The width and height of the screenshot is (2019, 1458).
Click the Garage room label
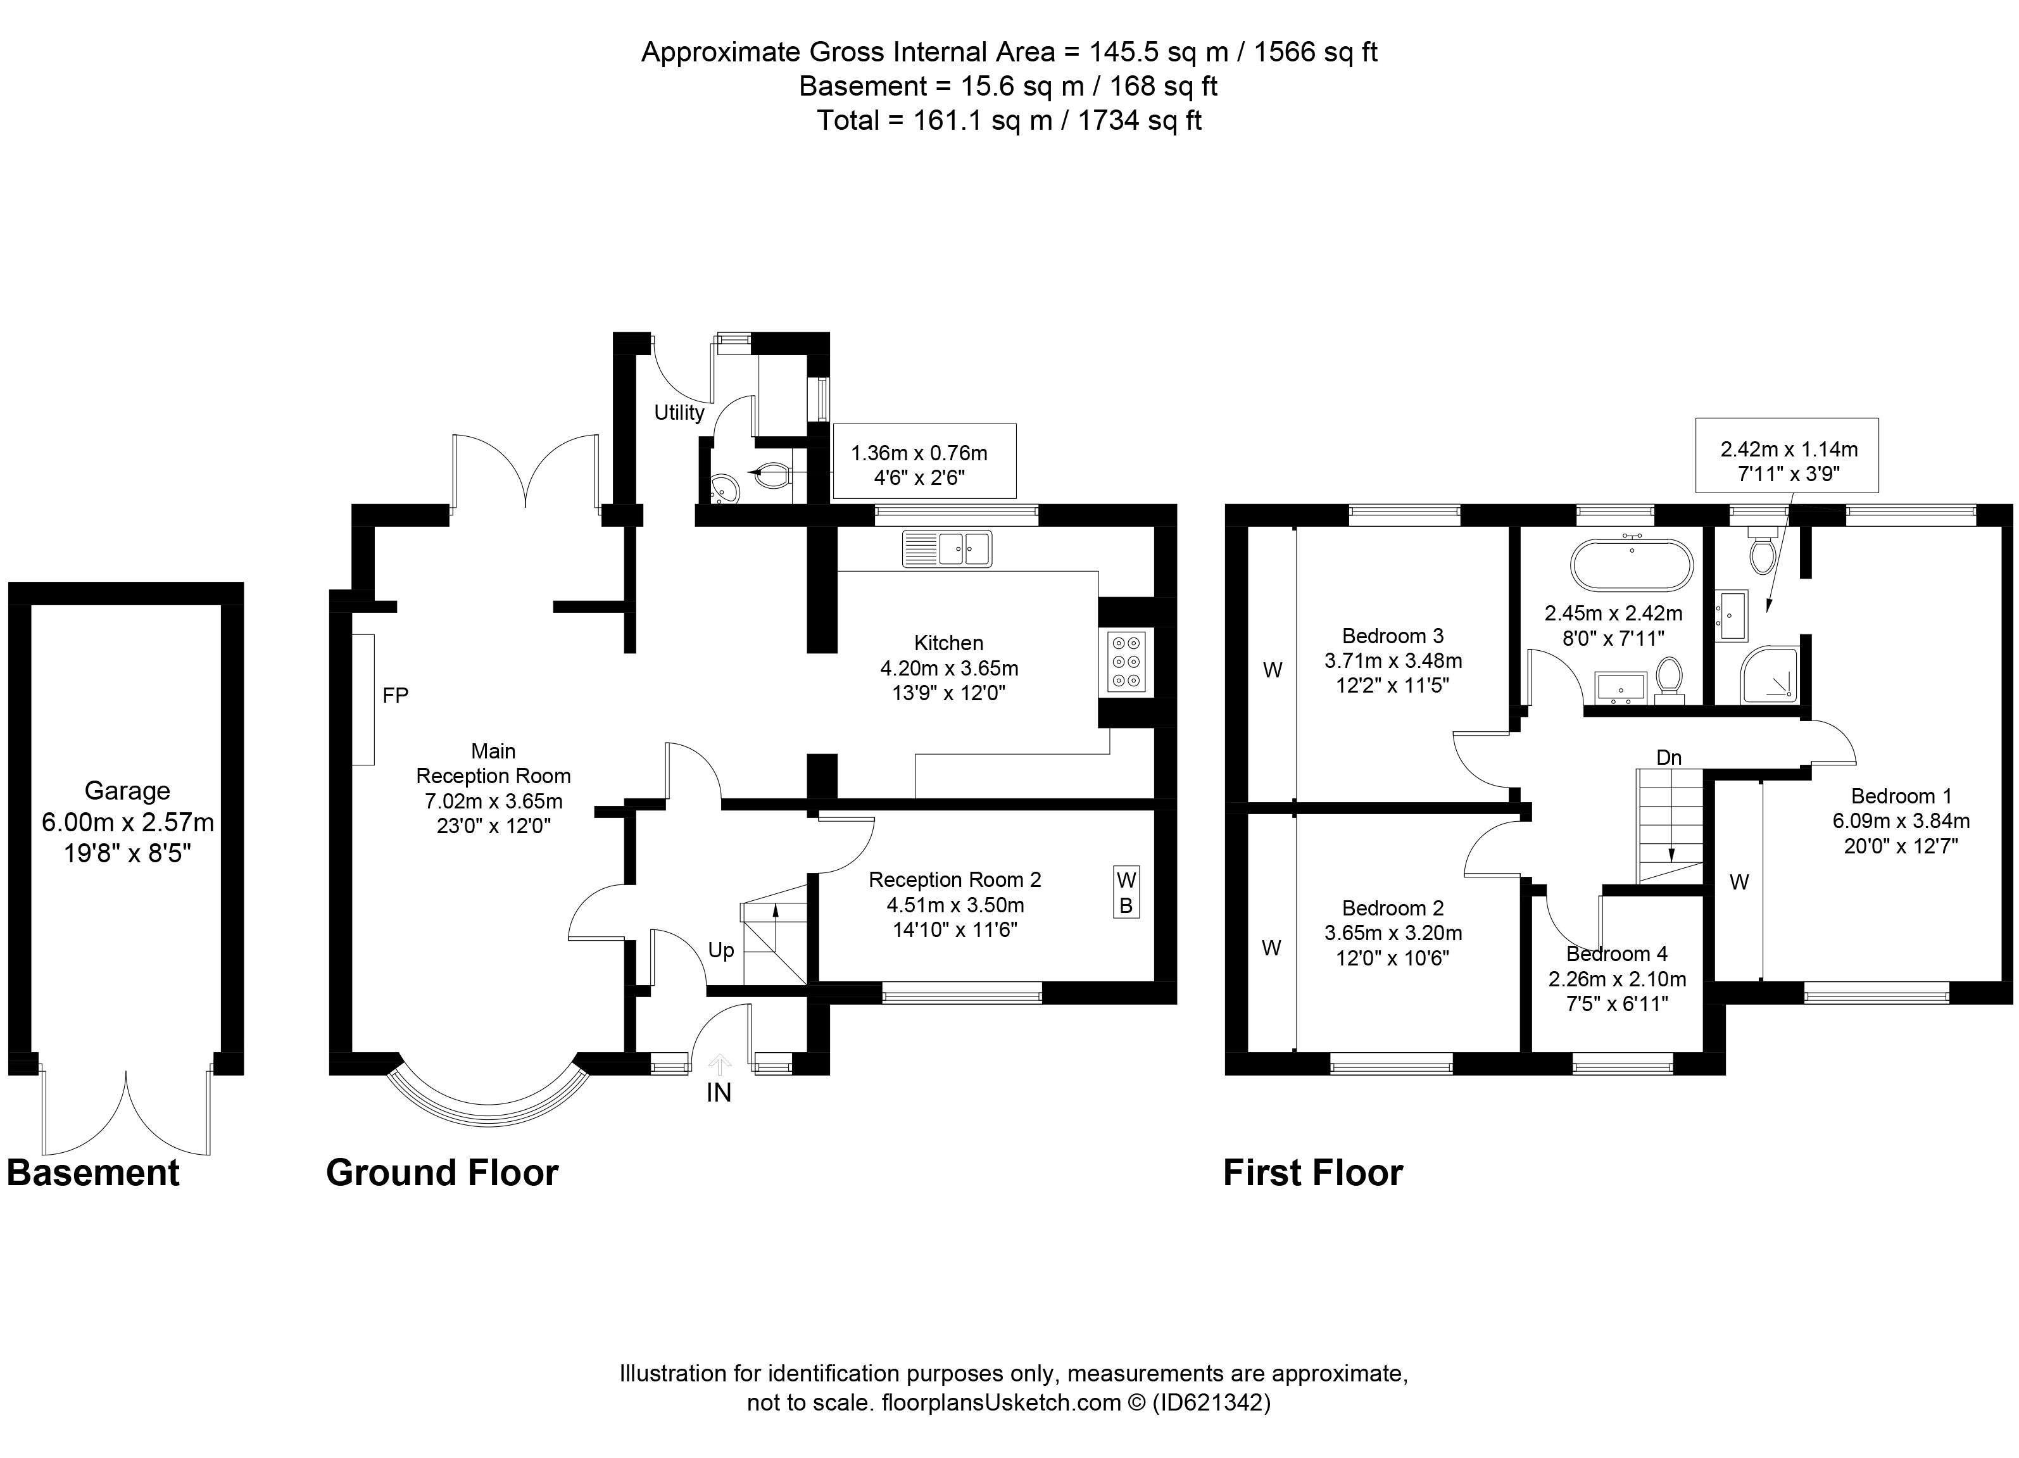(127, 791)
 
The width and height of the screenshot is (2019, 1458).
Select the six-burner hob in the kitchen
(1126, 662)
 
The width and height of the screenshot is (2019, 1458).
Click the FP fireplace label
(395, 695)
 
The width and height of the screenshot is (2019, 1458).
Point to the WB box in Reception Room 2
(1126, 893)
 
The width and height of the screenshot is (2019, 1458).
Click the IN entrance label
(719, 1093)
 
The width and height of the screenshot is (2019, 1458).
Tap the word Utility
(679, 413)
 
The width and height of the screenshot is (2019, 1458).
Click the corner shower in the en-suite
(1768, 677)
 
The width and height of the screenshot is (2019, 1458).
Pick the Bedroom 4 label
(1616, 954)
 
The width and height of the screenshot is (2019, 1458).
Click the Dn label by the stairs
(1669, 757)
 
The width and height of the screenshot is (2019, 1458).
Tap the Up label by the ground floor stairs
(721, 951)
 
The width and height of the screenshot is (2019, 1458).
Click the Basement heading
(94, 1173)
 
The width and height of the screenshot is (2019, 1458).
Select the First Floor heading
(1313, 1173)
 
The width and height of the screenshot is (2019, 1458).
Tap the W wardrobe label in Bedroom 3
(1273, 671)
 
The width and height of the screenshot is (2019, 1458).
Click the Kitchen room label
(949, 643)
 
